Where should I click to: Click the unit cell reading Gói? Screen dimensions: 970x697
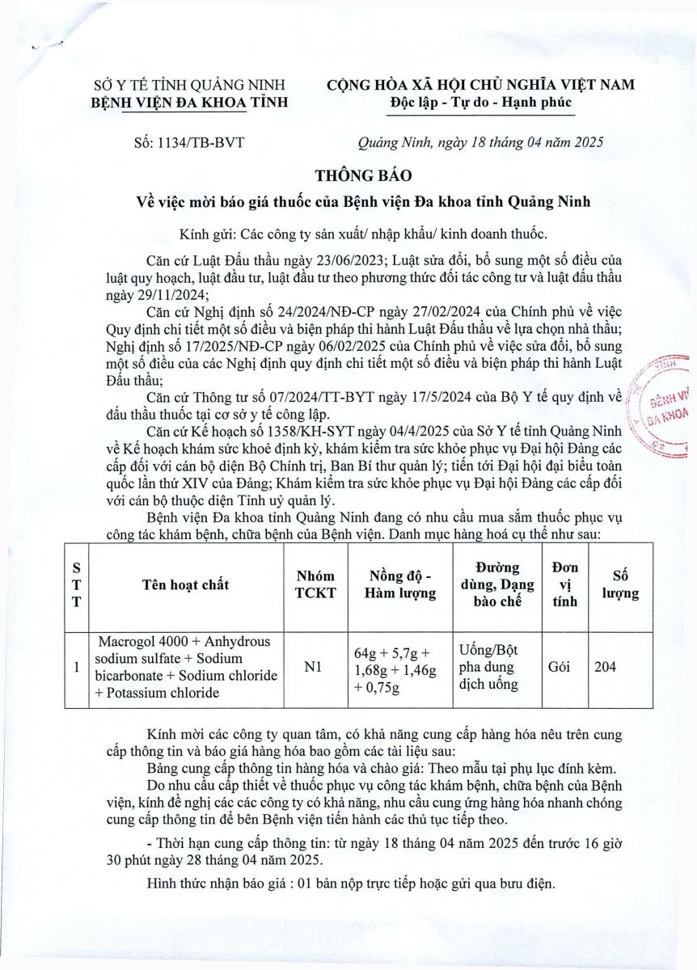(x=560, y=667)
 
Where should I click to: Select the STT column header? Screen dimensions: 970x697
(x=75, y=584)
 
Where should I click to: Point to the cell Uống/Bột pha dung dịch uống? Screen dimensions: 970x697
(x=489, y=668)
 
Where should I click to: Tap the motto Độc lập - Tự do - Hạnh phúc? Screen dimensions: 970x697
(x=480, y=103)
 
